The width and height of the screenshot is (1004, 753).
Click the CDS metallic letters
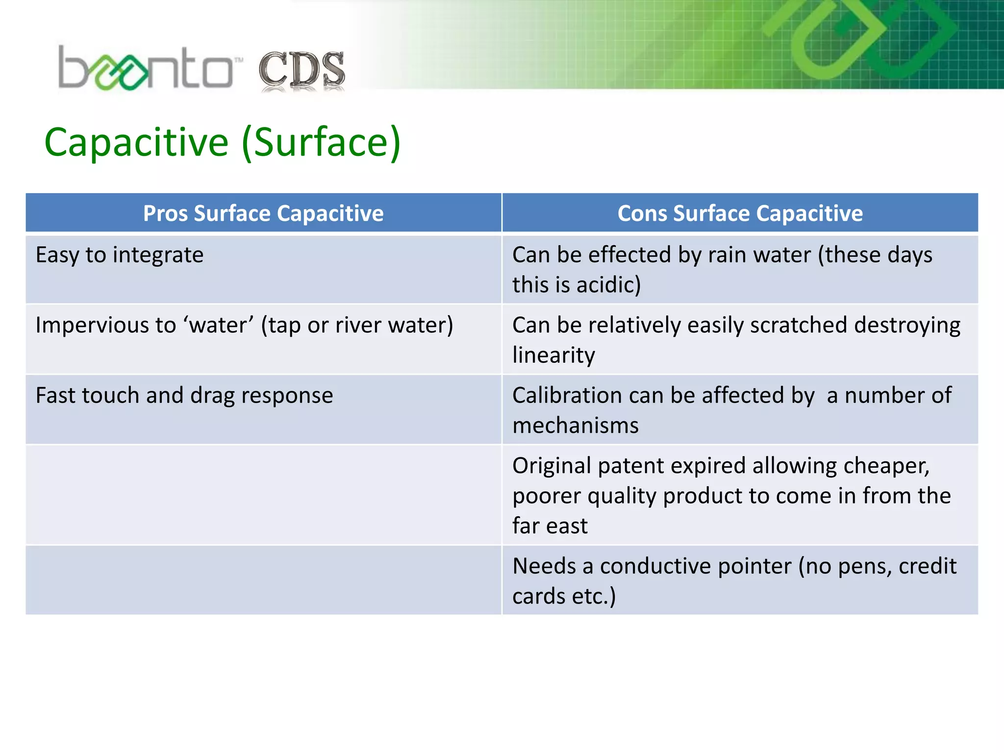tap(301, 70)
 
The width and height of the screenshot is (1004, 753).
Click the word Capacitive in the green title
tap(136, 142)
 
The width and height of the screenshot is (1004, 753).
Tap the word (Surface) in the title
tap(322, 142)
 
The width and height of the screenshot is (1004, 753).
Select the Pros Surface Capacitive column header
tap(263, 213)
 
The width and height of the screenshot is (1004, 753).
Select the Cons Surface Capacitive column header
tap(740, 213)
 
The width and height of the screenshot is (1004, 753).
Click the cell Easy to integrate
tap(120, 255)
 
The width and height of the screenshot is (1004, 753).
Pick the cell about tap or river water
tap(244, 325)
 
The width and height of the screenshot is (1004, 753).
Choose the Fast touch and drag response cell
tap(184, 395)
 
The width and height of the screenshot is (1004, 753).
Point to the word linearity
tap(553, 355)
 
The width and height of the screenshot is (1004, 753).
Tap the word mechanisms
tap(576, 426)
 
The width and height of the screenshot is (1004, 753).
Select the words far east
tap(550, 526)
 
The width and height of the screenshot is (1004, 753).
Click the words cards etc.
tap(564, 596)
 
